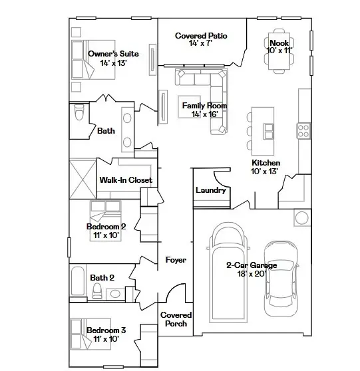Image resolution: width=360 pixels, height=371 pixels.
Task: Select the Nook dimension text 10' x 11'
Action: (279, 51)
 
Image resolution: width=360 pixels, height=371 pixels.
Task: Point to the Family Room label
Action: (204, 106)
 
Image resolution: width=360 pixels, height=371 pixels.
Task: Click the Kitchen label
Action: (266, 163)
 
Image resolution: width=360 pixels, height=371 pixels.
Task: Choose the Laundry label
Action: (211, 191)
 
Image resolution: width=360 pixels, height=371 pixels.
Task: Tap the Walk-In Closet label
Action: (126, 180)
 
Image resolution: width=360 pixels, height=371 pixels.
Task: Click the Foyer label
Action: (176, 260)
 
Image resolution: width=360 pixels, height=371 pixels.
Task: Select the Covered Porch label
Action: (176, 319)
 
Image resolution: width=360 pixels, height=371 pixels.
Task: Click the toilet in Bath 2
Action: (97, 290)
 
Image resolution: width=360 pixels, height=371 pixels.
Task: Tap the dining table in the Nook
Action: (279, 59)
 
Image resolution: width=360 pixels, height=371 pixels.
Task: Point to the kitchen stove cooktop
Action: (303, 128)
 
